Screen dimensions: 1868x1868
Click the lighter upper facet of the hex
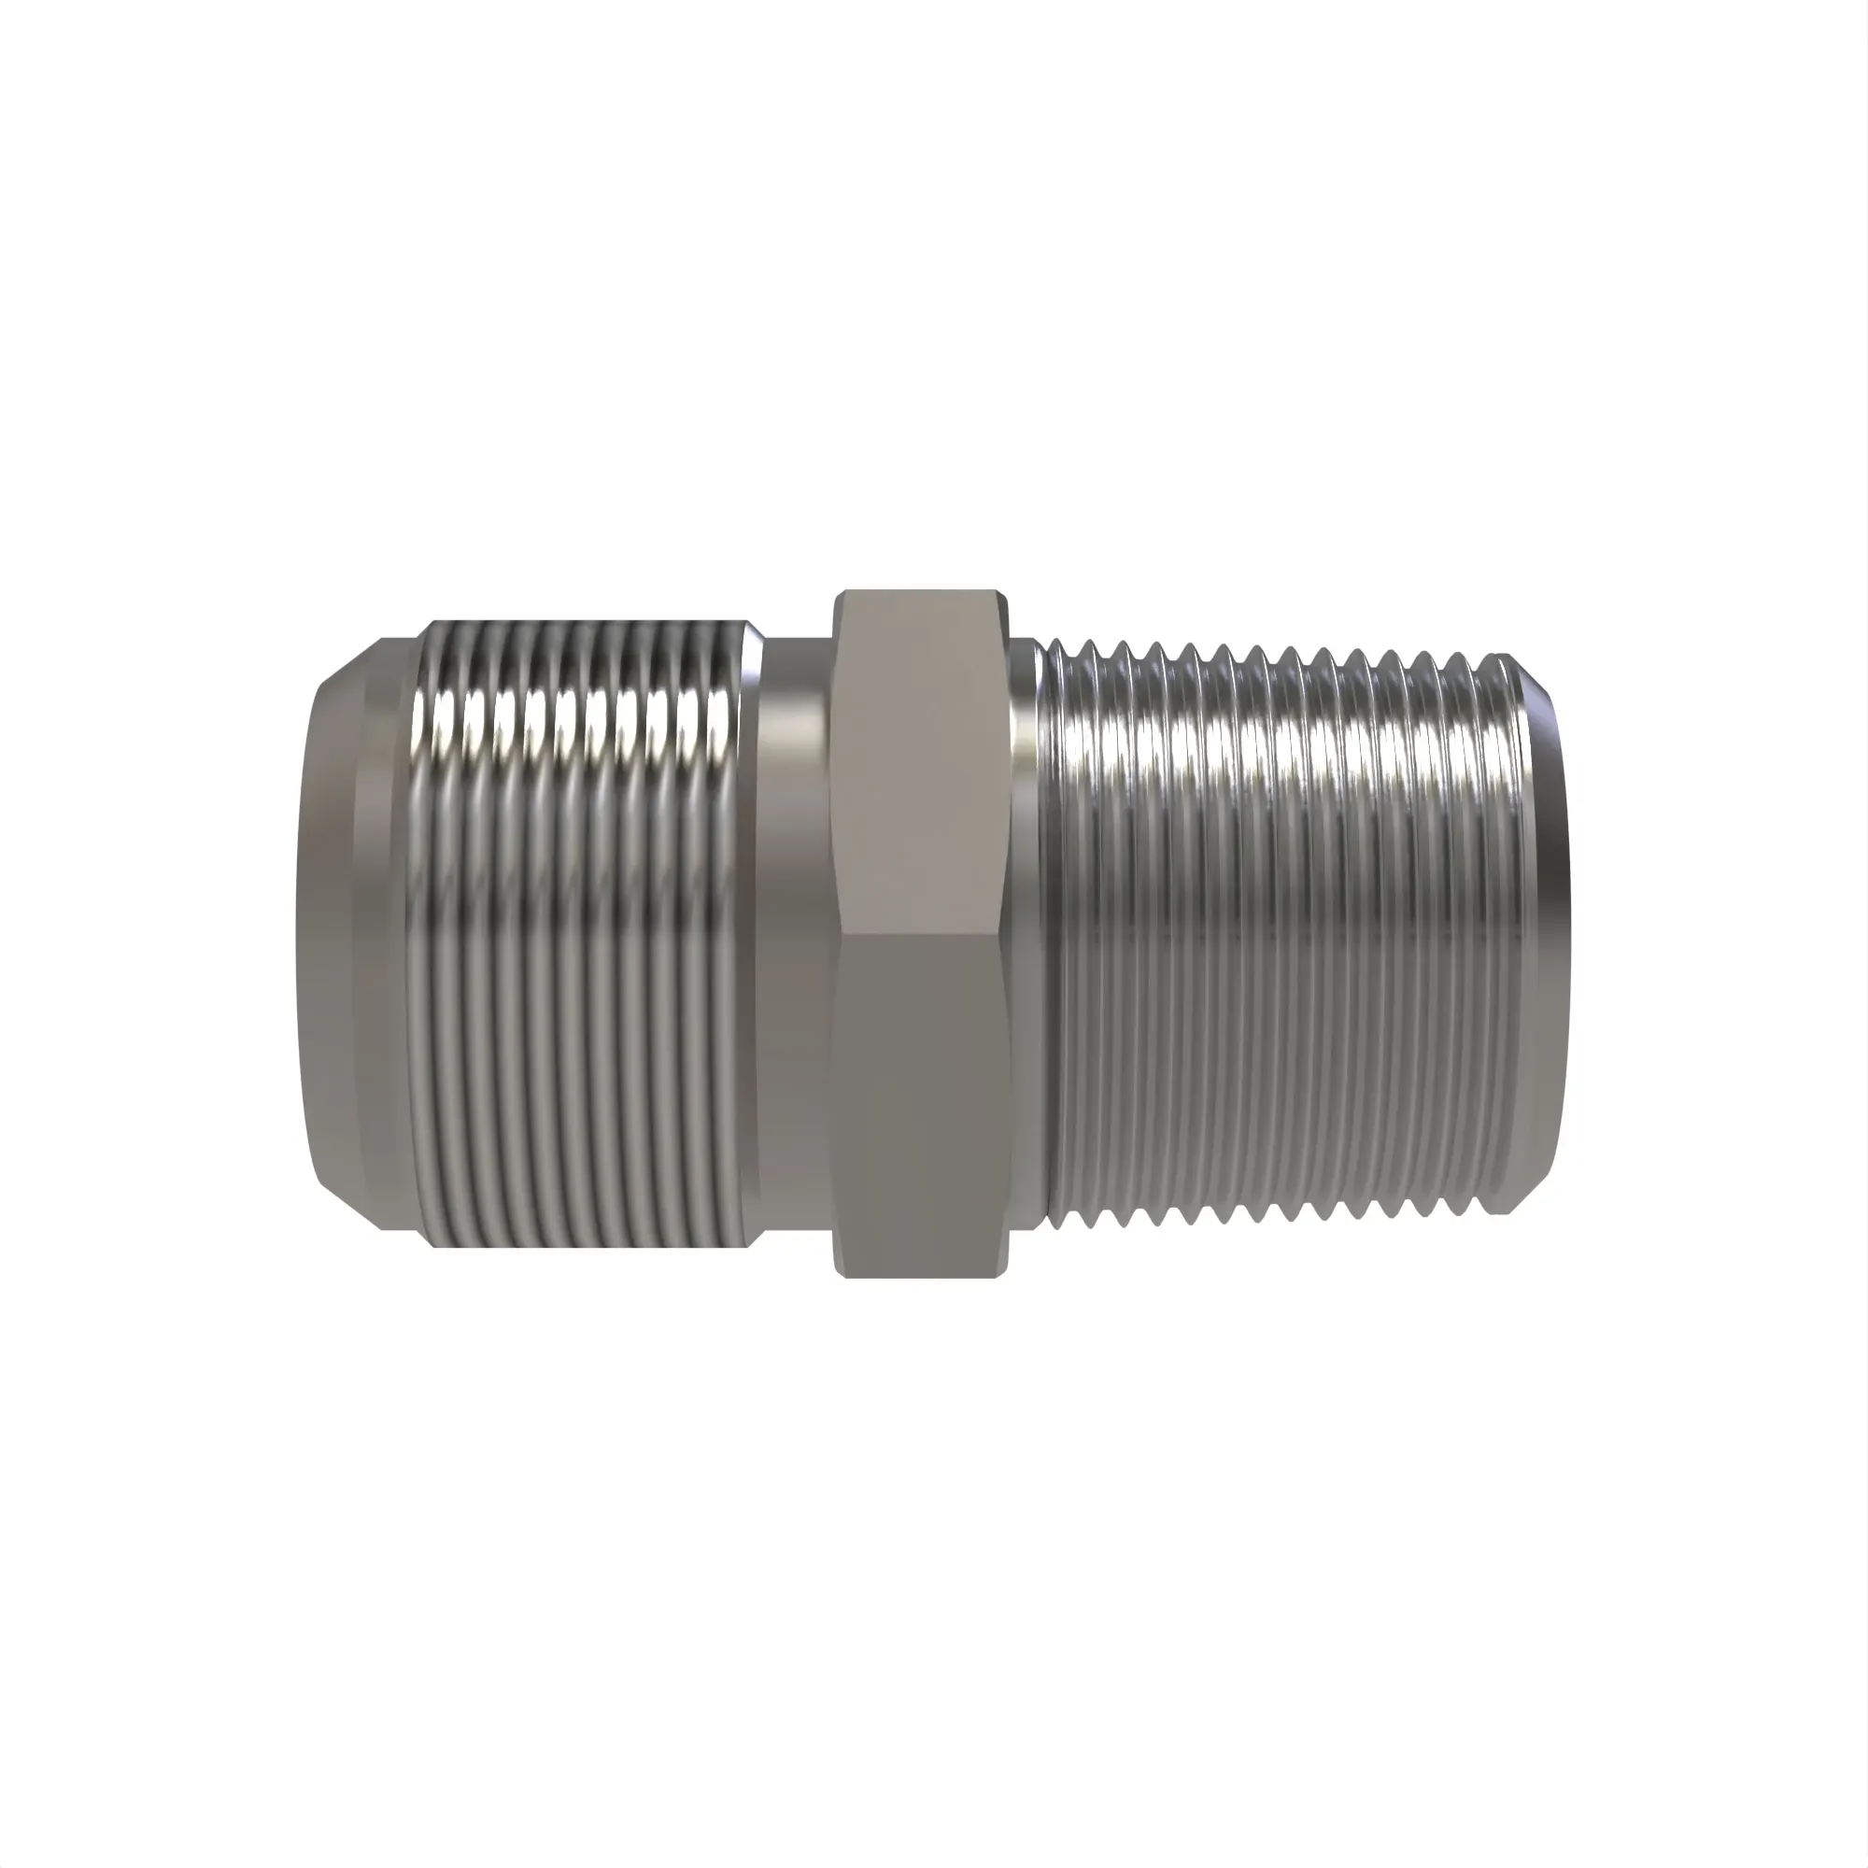point(924,764)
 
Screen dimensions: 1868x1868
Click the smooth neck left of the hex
point(795,933)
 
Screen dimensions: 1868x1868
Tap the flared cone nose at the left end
point(333,933)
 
